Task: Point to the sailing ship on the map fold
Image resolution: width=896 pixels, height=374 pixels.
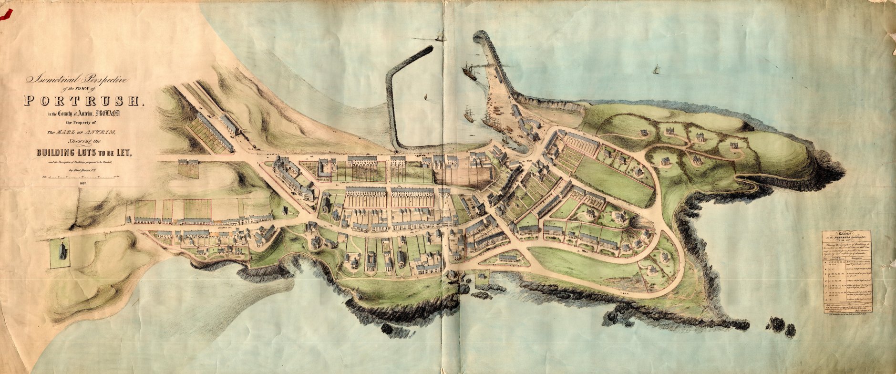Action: coord(439,36)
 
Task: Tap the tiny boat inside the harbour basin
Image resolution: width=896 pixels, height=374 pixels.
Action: coord(424,98)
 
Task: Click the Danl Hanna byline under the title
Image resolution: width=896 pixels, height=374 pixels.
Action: coord(83,169)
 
